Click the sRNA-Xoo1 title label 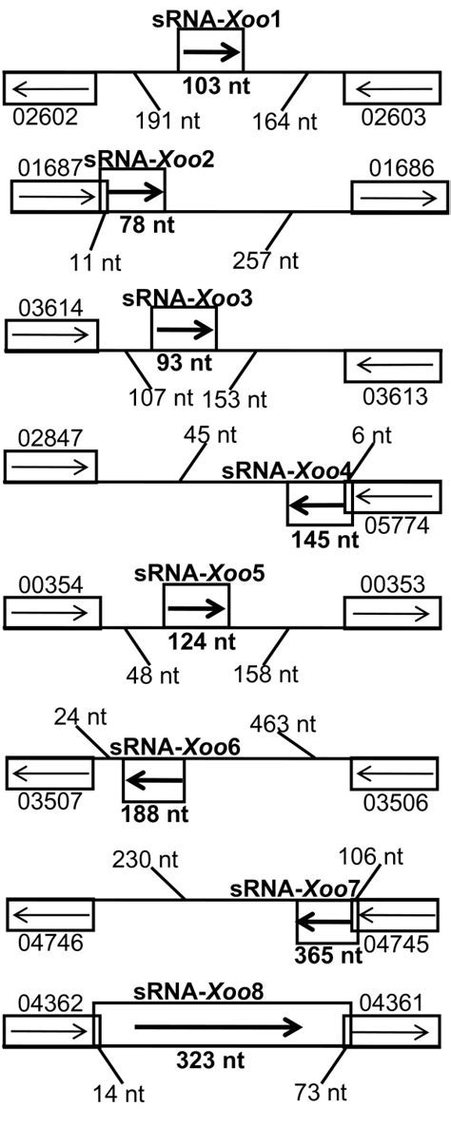(210, 17)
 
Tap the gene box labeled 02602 (50, 88)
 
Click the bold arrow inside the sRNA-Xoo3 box (184, 331)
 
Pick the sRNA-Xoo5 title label (196, 574)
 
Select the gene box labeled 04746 (50, 915)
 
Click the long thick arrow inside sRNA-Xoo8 (219, 1026)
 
